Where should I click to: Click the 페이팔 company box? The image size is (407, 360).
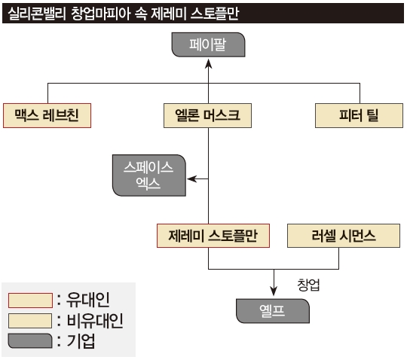click(208, 44)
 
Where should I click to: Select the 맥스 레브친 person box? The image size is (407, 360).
click(47, 115)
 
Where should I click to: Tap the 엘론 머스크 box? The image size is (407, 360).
click(207, 115)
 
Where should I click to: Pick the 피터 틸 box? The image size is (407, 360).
click(359, 115)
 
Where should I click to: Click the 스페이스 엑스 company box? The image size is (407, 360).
click(149, 175)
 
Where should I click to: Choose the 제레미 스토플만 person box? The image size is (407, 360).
click(213, 236)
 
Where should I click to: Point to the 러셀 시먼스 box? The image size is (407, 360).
click(344, 236)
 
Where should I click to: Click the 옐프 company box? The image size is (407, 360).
click(273, 311)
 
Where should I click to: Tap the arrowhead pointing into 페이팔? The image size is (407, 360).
click(208, 63)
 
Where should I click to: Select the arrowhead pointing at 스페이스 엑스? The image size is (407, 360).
click(192, 178)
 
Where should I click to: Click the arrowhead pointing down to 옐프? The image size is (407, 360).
click(274, 291)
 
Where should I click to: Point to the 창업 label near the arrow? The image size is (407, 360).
click(308, 285)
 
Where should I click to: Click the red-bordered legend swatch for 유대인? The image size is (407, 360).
click(30, 301)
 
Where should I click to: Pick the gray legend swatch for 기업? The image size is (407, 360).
click(30, 341)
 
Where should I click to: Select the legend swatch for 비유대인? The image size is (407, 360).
click(30, 321)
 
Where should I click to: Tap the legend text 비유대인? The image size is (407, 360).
click(95, 321)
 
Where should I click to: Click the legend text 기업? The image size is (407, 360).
click(81, 341)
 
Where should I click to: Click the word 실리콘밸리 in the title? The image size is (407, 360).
click(37, 14)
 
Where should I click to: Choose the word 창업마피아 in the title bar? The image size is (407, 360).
click(100, 14)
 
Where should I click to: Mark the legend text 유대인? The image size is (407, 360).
click(87, 300)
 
